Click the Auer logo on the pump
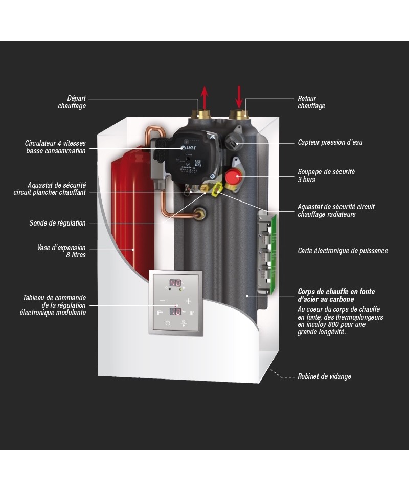(x=187, y=147)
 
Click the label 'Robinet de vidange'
(x=324, y=376)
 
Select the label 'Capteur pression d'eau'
(x=330, y=142)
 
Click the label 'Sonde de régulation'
(x=57, y=223)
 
